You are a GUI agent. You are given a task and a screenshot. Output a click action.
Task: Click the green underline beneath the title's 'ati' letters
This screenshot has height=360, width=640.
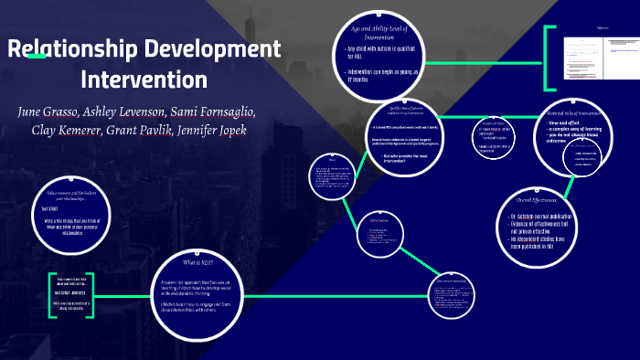pyautogui.click(x=36, y=57)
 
